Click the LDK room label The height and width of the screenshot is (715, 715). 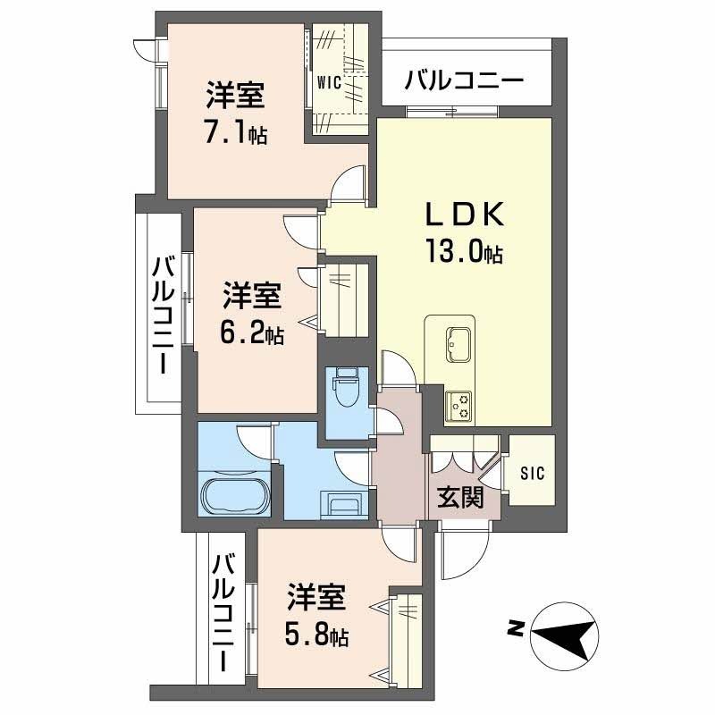(x=464, y=215)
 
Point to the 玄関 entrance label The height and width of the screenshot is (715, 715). (x=460, y=497)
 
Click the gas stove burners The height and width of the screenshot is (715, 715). (x=460, y=406)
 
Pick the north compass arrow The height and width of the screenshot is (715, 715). (x=564, y=634)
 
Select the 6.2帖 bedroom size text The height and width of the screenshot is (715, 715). (x=252, y=333)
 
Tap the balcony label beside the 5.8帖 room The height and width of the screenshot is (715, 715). (x=223, y=612)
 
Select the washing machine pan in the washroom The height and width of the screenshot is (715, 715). (x=343, y=506)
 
